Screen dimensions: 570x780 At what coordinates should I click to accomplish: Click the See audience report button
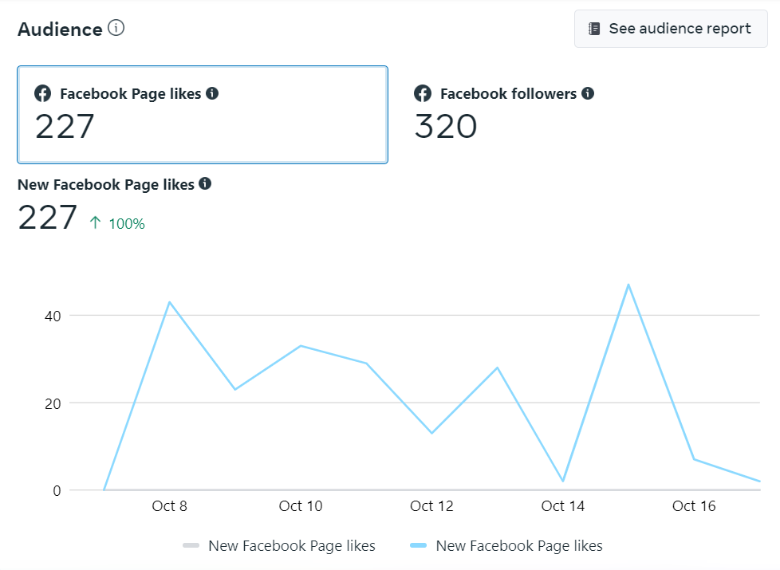pyautogui.click(x=671, y=29)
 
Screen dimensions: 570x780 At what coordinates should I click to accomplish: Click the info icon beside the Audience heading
pyautogui.click(x=116, y=28)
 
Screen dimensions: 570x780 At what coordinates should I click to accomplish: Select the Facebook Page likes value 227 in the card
pyautogui.click(x=65, y=127)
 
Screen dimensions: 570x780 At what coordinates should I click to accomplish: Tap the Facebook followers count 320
pyautogui.click(x=446, y=127)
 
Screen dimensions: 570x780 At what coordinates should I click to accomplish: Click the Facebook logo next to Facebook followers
pyautogui.click(x=423, y=93)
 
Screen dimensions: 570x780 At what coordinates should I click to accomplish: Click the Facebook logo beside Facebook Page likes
pyautogui.click(x=42, y=93)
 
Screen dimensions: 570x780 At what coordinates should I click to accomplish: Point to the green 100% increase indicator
pyautogui.click(x=118, y=223)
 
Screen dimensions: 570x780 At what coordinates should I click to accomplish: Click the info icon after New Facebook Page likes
pyautogui.click(x=205, y=183)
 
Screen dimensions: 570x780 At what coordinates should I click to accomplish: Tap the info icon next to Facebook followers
pyautogui.click(x=588, y=93)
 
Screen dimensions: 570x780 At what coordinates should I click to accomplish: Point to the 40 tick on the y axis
pyautogui.click(x=52, y=316)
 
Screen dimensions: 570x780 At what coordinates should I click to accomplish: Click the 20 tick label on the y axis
pyautogui.click(x=52, y=403)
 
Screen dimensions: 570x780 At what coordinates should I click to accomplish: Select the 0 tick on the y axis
pyautogui.click(x=57, y=490)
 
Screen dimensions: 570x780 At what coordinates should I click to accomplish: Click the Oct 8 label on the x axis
pyautogui.click(x=169, y=506)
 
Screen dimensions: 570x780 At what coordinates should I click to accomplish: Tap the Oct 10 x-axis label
pyautogui.click(x=301, y=506)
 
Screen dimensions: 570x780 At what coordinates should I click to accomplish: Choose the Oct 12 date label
pyautogui.click(x=431, y=506)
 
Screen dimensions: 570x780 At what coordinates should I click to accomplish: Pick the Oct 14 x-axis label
pyautogui.click(x=563, y=506)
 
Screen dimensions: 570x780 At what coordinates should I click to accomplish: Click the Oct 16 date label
pyautogui.click(x=694, y=506)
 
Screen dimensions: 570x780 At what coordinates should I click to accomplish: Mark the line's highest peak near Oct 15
pyautogui.click(x=628, y=285)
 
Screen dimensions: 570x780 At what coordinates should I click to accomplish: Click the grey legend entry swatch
pyautogui.click(x=191, y=546)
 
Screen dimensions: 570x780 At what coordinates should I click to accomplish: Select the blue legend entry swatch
pyautogui.click(x=419, y=546)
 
